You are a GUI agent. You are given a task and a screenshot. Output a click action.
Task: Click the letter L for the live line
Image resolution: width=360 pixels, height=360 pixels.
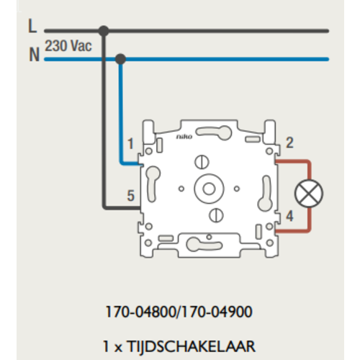pos(32,26)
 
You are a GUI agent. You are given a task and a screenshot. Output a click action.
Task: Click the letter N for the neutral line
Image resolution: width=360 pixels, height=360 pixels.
pos(35,55)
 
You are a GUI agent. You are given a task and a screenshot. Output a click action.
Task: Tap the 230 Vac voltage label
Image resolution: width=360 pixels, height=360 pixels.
pos(68,45)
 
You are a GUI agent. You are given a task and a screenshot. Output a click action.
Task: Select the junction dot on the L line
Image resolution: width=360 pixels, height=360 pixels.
pos(104,31)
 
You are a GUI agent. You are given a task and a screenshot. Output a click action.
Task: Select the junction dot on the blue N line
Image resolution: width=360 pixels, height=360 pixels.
pos(120,59)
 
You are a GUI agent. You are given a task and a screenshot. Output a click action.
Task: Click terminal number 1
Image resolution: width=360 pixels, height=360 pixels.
pos(130,143)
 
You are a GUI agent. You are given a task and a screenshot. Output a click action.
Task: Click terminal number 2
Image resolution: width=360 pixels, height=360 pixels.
pos(289,143)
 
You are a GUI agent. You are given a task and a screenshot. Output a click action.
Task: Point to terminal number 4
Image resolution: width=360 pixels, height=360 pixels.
pos(289,216)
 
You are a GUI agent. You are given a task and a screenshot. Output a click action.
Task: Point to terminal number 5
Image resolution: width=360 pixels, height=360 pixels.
pos(130,196)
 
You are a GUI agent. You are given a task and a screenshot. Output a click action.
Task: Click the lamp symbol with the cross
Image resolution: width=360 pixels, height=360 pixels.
pos(309,194)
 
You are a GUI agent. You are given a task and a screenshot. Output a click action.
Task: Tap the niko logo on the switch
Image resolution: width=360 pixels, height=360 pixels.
pos(184,137)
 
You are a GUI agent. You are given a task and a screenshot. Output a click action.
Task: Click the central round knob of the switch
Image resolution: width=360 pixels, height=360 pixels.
pos(209,189)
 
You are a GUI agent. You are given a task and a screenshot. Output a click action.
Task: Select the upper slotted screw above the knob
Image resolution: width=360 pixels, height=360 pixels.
pos(202,162)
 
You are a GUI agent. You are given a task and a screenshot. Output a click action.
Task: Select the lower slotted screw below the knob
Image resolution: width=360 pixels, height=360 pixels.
pos(216,215)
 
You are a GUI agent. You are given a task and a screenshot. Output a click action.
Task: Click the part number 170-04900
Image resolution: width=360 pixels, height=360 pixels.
pos(217,312)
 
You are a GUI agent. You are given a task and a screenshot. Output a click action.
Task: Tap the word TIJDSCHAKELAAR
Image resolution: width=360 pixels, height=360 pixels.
pos(191,346)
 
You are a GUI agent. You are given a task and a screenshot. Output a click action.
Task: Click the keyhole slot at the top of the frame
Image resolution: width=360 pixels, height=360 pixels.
pos(214,132)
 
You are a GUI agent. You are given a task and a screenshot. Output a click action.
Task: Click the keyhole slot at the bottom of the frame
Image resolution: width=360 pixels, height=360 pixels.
pos(204,245)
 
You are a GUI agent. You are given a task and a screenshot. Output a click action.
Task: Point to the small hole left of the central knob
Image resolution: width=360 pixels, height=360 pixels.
pos(181,189)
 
